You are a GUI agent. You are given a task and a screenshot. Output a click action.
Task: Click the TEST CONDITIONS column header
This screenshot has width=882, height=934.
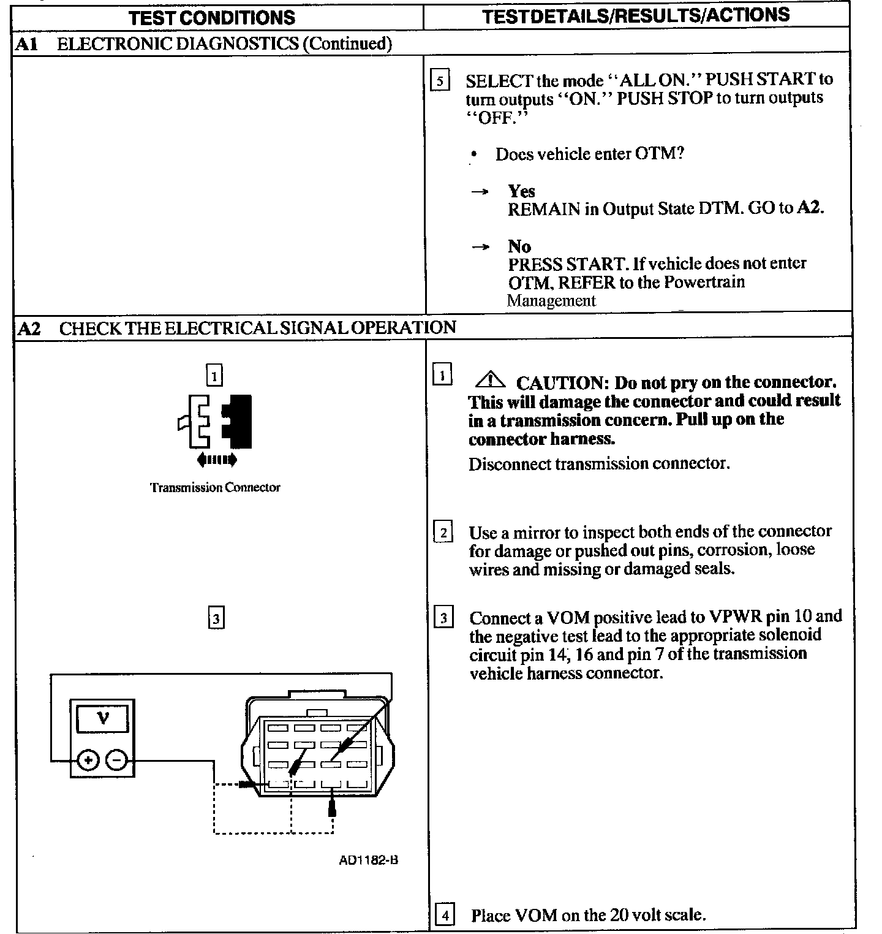pos(212,17)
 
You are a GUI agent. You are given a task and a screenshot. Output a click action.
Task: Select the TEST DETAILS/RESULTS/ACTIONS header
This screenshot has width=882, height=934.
pos(635,15)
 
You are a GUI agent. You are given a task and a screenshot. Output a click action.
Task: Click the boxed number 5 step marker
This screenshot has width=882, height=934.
pos(440,81)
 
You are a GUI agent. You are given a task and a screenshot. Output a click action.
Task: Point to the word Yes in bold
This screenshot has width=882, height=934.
pos(521,191)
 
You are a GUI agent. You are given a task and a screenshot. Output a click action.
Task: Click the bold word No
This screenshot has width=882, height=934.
pos(519,246)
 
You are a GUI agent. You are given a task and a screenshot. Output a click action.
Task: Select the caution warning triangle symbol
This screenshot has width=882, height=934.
pos(489,381)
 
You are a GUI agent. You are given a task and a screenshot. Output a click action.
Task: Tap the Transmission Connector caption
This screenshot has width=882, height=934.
pos(215,488)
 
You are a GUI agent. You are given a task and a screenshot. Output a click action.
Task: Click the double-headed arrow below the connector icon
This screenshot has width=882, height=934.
pos(217,459)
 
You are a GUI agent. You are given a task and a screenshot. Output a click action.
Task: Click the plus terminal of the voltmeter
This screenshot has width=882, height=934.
pos(88,761)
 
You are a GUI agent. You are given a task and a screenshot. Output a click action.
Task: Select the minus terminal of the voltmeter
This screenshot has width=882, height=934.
pos(117,761)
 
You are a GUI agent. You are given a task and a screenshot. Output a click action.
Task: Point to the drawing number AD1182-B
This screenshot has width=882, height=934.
pos(368,860)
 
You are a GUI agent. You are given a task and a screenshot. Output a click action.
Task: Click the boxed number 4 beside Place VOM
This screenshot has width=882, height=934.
pos(444,916)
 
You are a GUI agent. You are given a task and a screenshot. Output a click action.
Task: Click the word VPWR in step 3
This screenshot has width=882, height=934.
pos(734,617)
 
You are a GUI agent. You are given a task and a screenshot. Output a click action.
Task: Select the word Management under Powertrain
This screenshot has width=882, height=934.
pos(551,301)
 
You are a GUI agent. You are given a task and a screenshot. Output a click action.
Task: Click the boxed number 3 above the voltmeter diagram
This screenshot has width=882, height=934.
pos(216,618)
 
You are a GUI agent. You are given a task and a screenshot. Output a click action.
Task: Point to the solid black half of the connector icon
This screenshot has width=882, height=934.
pos(239,421)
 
